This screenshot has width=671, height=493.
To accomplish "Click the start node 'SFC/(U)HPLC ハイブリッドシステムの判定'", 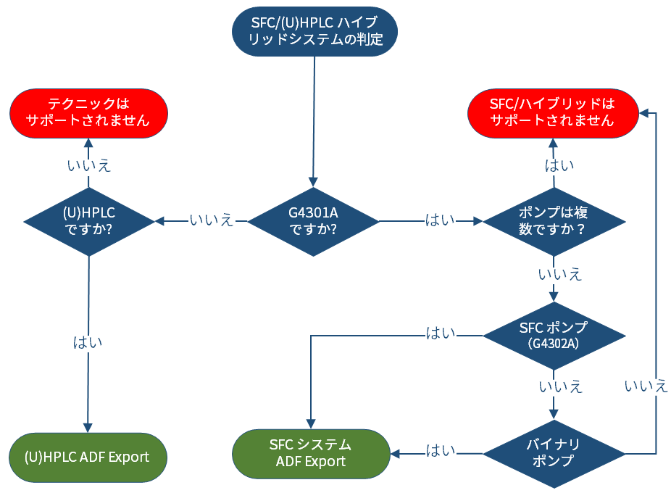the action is [x=314, y=31].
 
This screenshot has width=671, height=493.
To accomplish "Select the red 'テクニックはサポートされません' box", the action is [x=88, y=114].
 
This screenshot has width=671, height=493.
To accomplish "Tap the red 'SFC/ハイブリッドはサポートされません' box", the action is [x=553, y=114].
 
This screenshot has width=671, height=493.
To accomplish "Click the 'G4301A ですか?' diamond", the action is [x=313, y=221].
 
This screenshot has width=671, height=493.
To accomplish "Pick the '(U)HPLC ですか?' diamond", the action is [x=89, y=221].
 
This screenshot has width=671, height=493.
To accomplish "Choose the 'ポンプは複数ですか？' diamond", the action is [x=554, y=221].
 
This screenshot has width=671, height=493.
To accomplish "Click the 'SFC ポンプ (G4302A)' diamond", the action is [x=554, y=336].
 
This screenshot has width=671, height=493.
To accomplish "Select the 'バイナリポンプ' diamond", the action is [x=554, y=454].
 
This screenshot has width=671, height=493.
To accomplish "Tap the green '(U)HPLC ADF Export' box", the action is [x=88, y=457].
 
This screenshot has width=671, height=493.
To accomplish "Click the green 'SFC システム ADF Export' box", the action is [x=311, y=454].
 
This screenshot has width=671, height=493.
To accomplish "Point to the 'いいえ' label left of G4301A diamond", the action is [x=212, y=220].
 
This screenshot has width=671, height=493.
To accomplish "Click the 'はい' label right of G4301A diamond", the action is [x=441, y=220].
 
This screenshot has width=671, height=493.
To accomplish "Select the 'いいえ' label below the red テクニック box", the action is [x=89, y=165].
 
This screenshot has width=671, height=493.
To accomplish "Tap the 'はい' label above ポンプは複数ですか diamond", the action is [x=559, y=165].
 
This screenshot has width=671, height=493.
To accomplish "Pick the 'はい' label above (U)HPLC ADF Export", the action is [x=88, y=342].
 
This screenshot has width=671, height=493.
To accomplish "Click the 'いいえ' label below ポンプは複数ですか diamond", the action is [x=560, y=274].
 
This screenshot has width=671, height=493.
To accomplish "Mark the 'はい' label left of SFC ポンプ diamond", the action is [x=441, y=333].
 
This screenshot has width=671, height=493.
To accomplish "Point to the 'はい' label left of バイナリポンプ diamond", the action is [x=441, y=451].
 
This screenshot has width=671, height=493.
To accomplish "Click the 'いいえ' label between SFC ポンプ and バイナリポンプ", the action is [x=561, y=386].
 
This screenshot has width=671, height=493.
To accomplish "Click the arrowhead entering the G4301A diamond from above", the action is [x=313, y=183].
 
